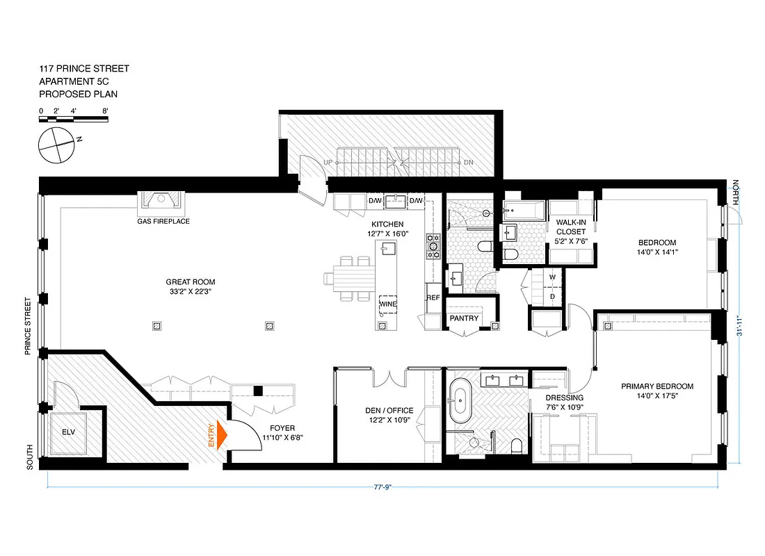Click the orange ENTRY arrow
(x=221, y=436)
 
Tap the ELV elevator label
(x=67, y=432)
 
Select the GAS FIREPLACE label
(x=163, y=221)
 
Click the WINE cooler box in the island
(x=387, y=304)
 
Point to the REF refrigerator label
(x=433, y=297)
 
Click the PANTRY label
(x=464, y=318)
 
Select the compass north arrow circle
(x=56, y=146)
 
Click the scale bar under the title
(x=74, y=120)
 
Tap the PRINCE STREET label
(x=29, y=327)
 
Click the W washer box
(x=552, y=277)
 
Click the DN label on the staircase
(x=468, y=162)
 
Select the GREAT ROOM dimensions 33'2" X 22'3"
(x=190, y=292)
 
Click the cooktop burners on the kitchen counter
(x=434, y=245)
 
